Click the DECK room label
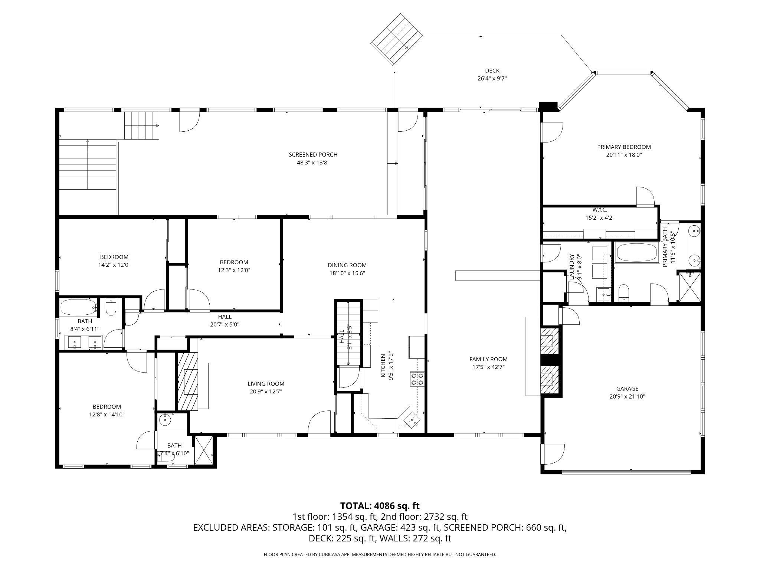(492, 71)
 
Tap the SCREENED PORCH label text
(313, 154)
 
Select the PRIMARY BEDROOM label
(624, 147)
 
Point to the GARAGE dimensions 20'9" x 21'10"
(627, 396)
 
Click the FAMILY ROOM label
(488, 359)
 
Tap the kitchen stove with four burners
(417, 379)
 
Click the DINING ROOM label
(347, 265)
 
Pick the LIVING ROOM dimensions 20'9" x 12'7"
(266, 391)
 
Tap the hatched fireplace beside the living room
(187, 381)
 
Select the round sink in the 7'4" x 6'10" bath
(165, 420)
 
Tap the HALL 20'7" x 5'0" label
(225, 321)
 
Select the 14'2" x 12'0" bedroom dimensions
(114, 265)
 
